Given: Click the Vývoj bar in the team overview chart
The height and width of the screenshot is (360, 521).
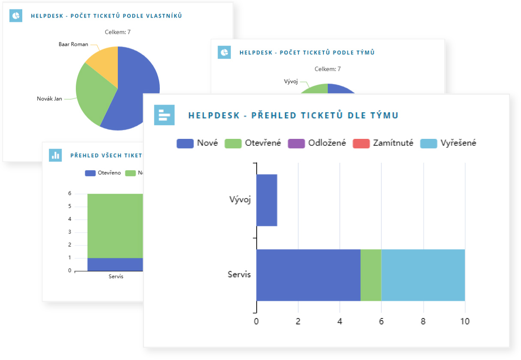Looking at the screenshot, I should [x=266, y=200].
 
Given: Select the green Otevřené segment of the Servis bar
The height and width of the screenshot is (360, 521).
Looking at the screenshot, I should [x=371, y=275].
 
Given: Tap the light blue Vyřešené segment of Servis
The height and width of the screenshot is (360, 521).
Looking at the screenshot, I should [x=423, y=275].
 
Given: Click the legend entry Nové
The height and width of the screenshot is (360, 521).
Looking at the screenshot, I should [x=198, y=144].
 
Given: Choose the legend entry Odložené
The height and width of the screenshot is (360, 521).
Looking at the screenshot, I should [x=317, y=144].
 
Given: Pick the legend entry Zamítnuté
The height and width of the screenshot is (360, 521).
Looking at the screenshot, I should [x=383, y=144].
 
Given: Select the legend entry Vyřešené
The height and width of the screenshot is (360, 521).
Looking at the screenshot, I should [x=448, y=144].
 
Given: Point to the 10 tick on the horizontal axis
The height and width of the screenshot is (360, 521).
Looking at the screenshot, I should [x=465, y=321].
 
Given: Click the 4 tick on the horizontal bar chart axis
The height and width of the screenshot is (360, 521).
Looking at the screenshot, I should [x=340, y=321].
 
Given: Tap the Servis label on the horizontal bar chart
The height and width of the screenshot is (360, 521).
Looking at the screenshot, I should [x=239, y=275].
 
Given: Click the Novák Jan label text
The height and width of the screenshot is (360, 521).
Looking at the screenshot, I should [x=49, y=99].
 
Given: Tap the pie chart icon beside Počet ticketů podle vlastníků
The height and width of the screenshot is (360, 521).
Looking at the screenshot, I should [x=16, y=16].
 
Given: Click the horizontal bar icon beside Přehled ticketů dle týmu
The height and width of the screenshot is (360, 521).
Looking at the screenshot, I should [x=164, y=115].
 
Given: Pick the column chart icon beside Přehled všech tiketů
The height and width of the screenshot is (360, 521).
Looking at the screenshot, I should [x=55, y=155].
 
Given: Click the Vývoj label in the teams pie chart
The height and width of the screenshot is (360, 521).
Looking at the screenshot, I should [x=290, y=81].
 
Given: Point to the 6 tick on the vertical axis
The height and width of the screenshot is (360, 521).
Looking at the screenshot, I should [x=69, y=194].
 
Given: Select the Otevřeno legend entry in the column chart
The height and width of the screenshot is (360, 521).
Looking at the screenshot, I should [x=103, y=173].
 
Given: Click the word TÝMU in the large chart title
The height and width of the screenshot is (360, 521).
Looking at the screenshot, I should [x=383, y=115].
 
